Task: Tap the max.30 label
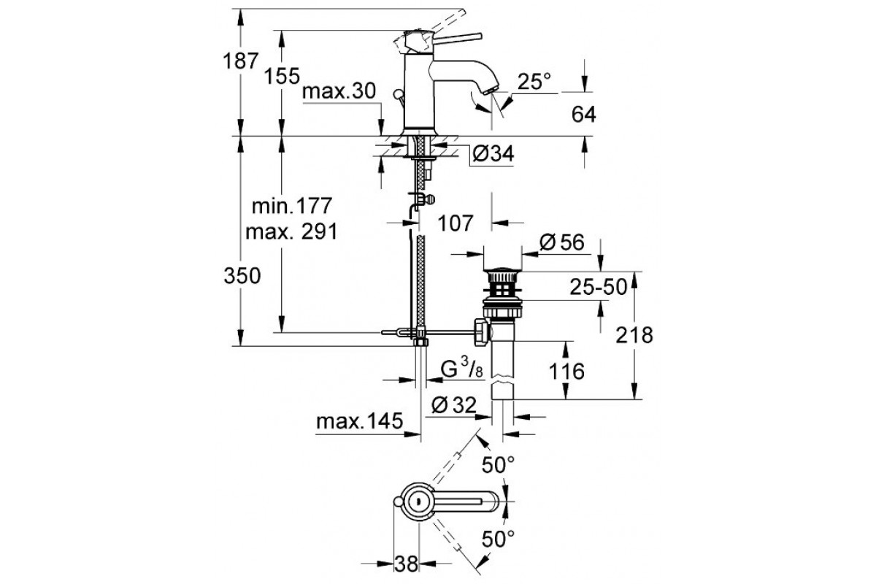(339, 92)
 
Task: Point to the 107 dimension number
(456, 221)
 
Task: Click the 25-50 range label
(599, 288)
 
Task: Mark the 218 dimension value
(632, 335)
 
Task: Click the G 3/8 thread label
(463, 369)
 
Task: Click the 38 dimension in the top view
(408, 563)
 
